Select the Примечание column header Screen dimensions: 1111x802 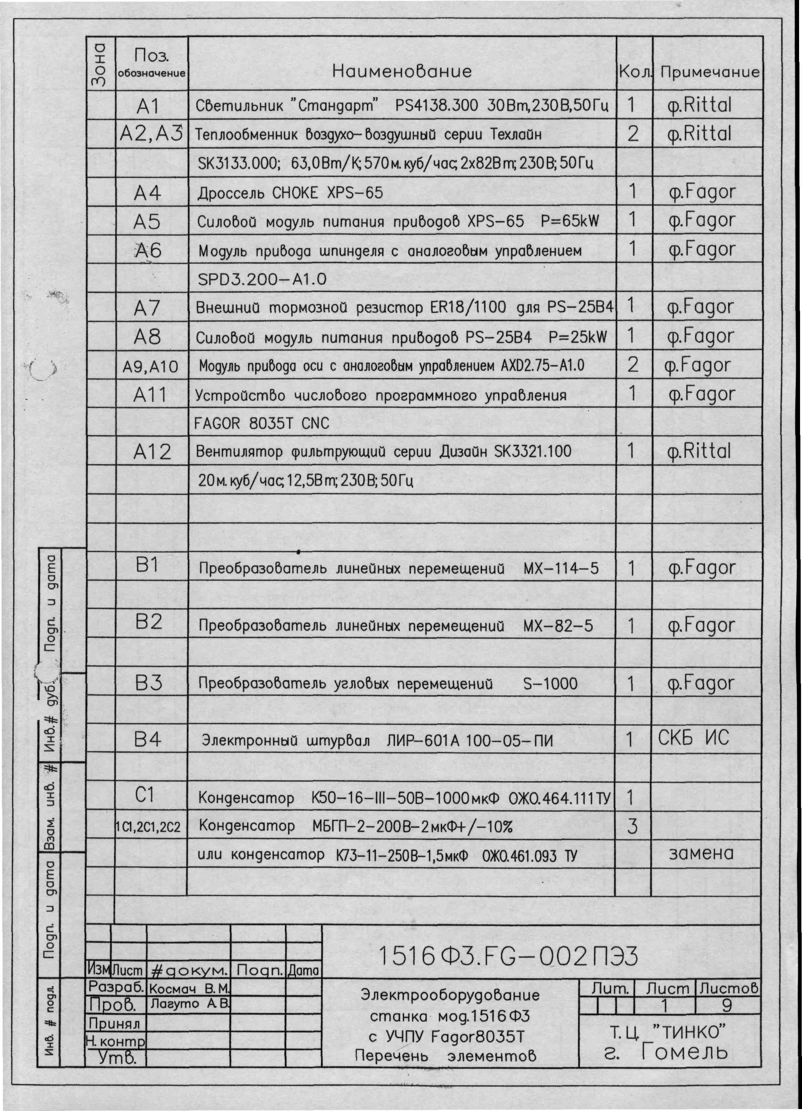[x=709, y=72]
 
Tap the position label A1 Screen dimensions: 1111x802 [x=147, y=106]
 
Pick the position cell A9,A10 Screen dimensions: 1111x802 [x=150, y=367]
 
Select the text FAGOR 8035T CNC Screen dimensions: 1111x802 [x=261, y=423]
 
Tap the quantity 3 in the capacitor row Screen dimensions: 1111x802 [x=632, y=827]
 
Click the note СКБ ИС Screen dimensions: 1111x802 [x=693, y=738]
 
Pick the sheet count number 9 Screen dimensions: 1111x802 [x=727, y=1006]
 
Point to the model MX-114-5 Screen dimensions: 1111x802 [x=561, y=569]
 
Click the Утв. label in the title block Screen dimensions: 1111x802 [x=116, y=1059]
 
